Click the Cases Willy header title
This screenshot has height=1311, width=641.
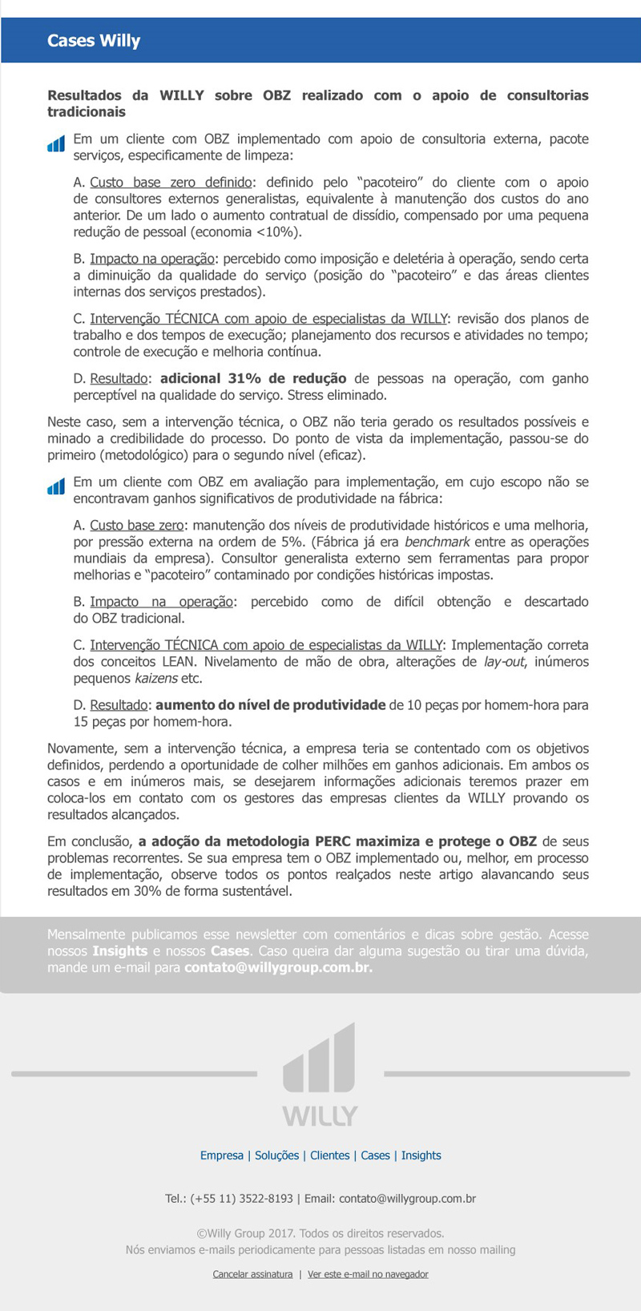click(x=94, y=41)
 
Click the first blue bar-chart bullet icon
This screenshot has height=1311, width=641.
click(x=55, y=144)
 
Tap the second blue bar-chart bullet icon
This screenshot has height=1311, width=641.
click(x=55, y=486)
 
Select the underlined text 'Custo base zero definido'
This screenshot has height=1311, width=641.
click(x=171, y=183)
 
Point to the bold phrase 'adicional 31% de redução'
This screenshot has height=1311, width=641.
click(x=253, y=378)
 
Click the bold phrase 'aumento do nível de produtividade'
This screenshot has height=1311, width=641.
click(x=271, y=705)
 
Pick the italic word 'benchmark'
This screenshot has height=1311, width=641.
click(x=437, y=542)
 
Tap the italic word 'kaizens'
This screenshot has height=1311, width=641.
click(x=155, y=679)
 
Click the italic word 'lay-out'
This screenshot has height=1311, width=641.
click(x=504, y=662)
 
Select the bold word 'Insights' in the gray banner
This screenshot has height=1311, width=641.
click(x=119, y=950)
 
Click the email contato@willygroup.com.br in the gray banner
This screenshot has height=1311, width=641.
click(x=278, y=967)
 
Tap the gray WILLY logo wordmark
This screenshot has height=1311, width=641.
click(x=320, y=1115)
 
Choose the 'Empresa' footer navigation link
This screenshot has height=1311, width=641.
click(x=222, y=1156)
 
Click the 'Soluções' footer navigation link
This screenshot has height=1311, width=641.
click(x=276, y=1156)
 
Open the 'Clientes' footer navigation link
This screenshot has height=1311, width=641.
click(x=330, y=1156)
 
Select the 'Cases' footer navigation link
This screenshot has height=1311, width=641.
click(x=375, y=1156)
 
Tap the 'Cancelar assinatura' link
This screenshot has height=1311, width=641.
click(x=252, y=1274)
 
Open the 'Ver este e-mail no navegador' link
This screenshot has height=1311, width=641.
click(x=368, y=1274)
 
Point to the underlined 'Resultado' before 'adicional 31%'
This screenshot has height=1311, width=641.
click(x=119, y=378)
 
